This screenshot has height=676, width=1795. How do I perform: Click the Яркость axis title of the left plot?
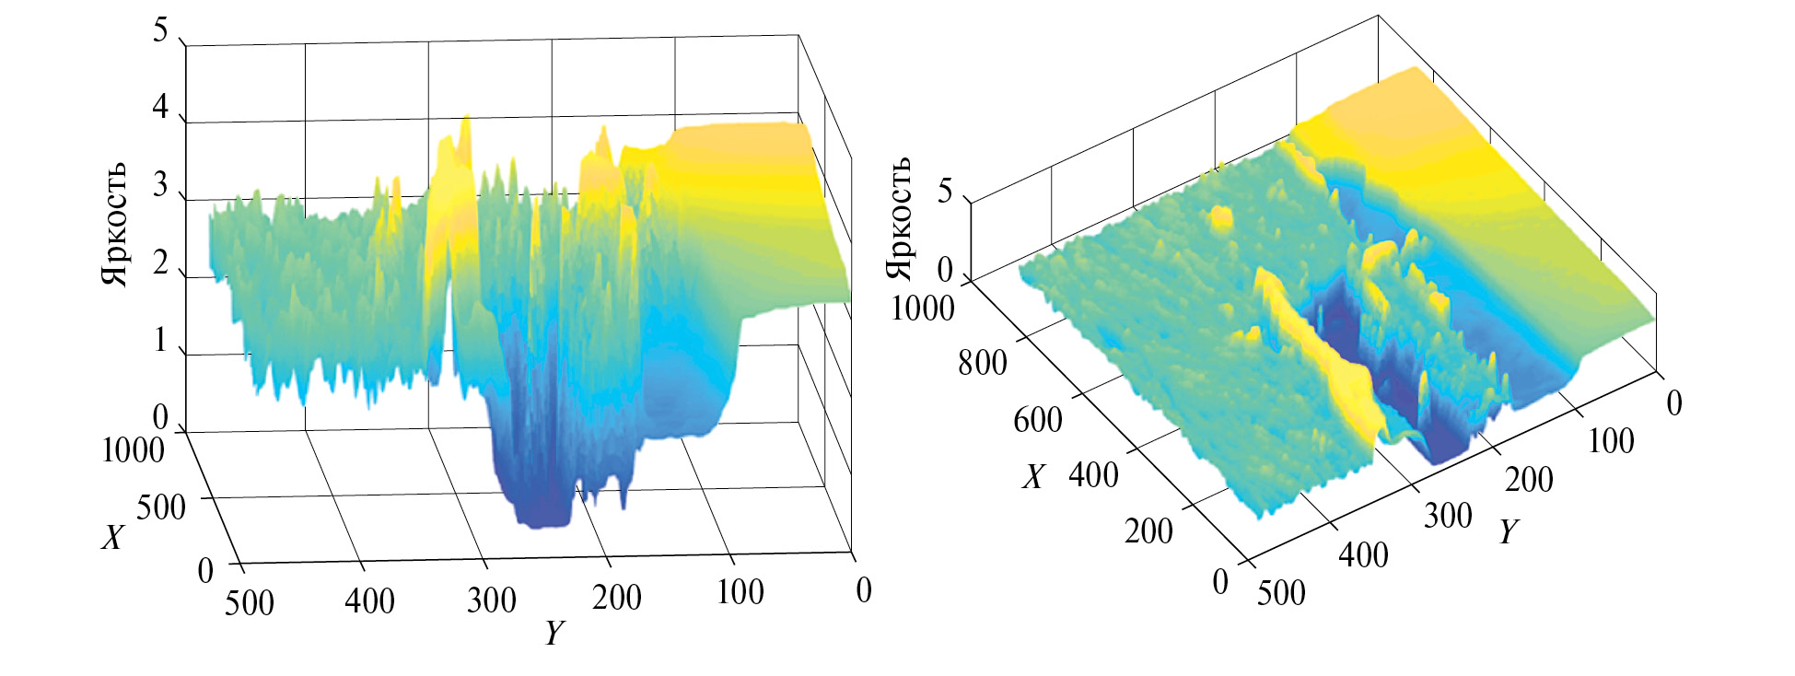click(114, 225)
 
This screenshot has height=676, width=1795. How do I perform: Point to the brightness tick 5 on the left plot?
click(160, 31)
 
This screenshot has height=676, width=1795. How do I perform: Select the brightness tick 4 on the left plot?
click(160, 108)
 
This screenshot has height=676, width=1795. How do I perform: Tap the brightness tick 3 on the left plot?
click(160, 185)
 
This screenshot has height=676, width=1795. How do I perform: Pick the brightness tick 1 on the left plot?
click(160, 340)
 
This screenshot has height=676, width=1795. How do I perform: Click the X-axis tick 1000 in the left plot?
click(133, 450)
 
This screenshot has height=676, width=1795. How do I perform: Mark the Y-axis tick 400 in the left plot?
click(369, 600)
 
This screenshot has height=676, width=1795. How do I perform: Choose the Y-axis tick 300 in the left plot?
click(491, 600)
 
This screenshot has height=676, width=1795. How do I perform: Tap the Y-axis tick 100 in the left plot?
click(740, 592)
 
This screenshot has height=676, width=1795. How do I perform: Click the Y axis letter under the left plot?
click(554, 633)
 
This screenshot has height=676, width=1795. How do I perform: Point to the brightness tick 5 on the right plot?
click(945, 192)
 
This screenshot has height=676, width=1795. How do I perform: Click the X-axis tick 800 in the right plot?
click(982, 363)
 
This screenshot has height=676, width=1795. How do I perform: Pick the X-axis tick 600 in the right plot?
click(1038, 420)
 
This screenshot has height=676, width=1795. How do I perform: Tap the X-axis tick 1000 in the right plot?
click(922, 308)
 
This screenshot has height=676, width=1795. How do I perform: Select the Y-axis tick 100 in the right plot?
click(1611, 440)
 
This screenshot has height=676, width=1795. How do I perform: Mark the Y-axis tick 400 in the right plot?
click(1363, 554)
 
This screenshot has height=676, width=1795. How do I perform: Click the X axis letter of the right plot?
click(1033, 476)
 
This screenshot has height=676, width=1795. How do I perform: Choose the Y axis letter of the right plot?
click(1508, 531)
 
